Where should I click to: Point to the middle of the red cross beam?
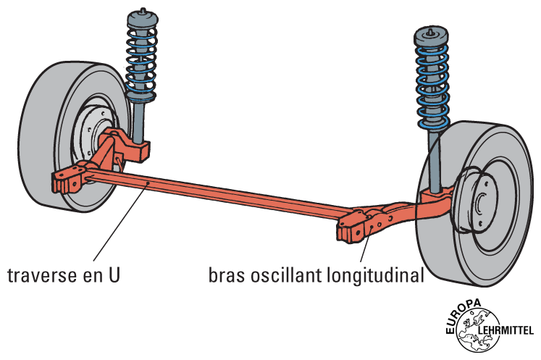click(217, 196)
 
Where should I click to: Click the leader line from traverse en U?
click(116, 225)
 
